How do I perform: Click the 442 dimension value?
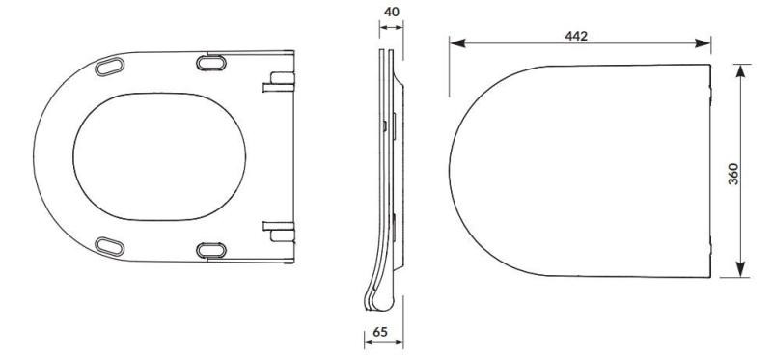point(576,36)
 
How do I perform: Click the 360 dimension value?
point(733,174)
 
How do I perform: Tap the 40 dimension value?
point(392,12)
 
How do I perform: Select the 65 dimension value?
point(379,332)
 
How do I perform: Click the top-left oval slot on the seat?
point(109,67)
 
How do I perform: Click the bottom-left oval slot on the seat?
point(109,246)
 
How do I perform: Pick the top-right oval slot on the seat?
point(211,63)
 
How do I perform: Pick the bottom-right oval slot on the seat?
point(211,250)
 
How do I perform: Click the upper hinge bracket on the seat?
point(279,82)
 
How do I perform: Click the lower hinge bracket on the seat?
point(279,232)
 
